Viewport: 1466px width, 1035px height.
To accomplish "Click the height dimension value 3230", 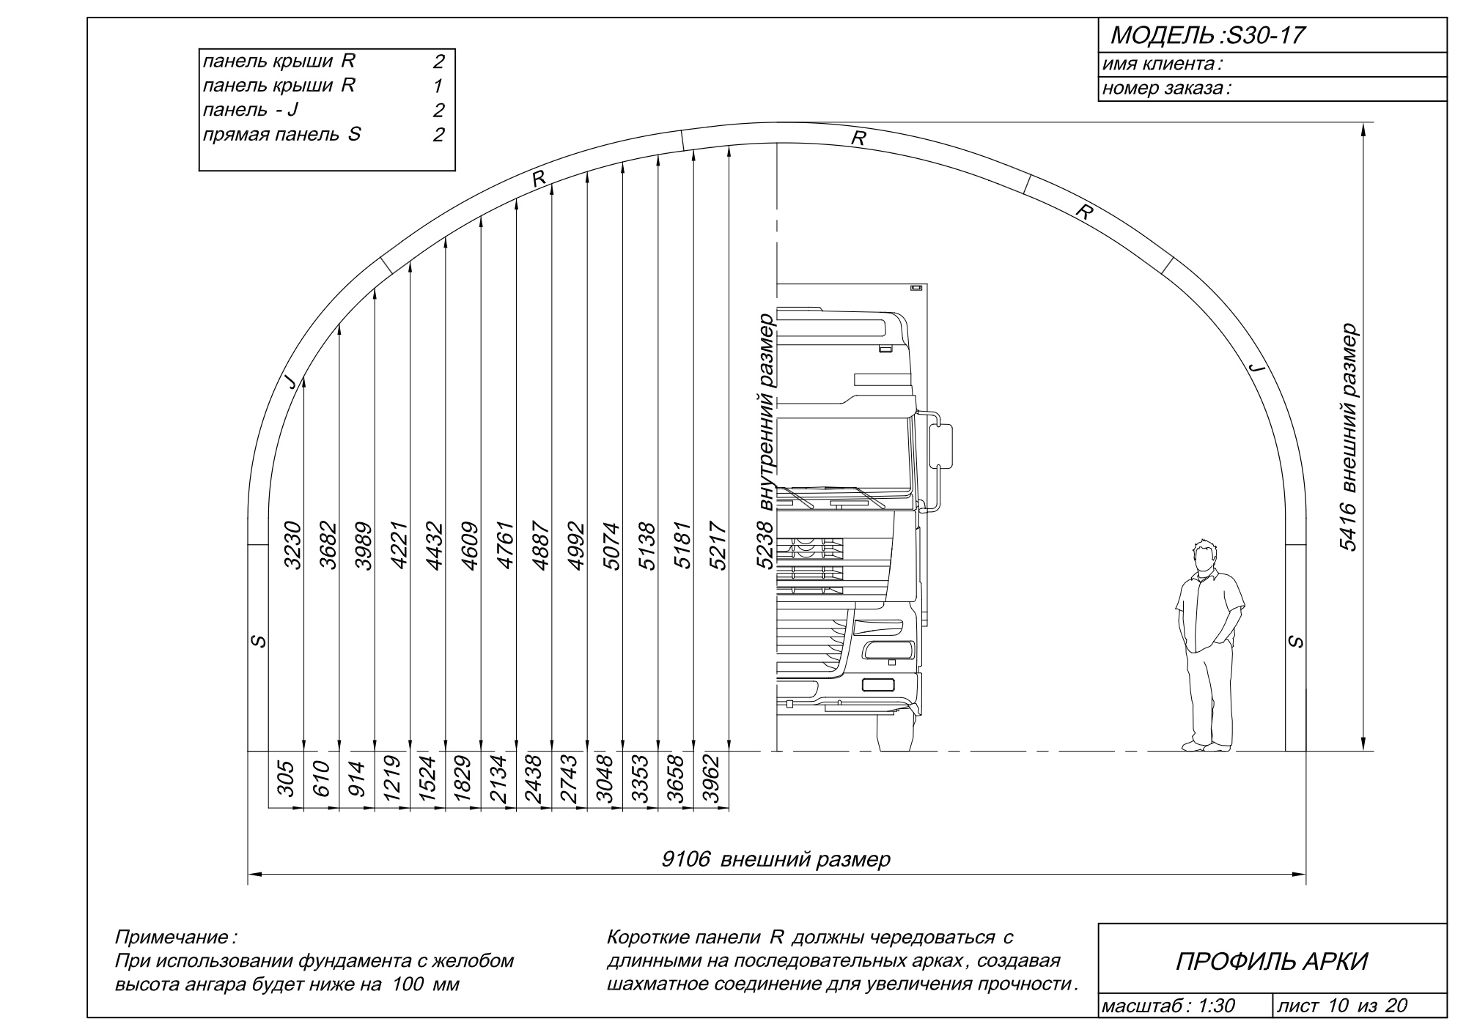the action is point(293,545).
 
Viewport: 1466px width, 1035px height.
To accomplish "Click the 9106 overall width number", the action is point(686,858).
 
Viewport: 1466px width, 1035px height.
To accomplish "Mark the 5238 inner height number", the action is point(765,545).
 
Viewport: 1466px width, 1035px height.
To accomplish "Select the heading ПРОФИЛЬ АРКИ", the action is point(1272,961).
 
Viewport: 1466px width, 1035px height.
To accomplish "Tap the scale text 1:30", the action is point(1217,1006).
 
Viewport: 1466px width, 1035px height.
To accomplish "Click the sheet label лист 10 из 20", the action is point(1342,1006).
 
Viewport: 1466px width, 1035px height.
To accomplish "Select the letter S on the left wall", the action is point(258,641).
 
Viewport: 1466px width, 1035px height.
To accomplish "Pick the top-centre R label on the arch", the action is point(858,137).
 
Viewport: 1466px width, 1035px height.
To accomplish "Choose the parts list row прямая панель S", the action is point(281,135).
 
